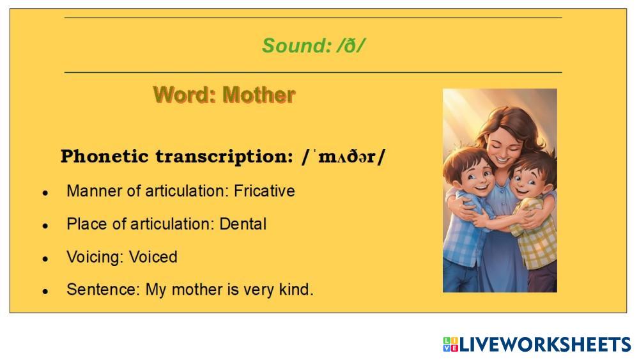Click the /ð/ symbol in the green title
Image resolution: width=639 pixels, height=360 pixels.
pyautogui.click(x=350, y=45)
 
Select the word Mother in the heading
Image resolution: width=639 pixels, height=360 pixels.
pyautogui.click(x=259, y=95)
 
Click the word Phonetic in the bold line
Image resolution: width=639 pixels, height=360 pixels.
pyautogui.click(x=104, y=156)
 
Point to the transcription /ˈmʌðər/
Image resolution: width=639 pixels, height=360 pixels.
pyautogui.click(x=343, y=156)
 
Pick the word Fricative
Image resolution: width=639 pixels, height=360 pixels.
pyautogui.click(x=264, y=191)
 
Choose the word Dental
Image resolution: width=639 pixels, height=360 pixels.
pyautogui.click(x=243, y=224)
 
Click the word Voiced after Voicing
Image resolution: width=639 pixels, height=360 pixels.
pyautogui.click(x=153, y=257)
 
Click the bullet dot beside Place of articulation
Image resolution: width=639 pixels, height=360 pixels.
pyautogui.click(x=45, y=226)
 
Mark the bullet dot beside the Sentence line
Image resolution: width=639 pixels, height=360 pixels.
pyautogui.click(x=45, y=291)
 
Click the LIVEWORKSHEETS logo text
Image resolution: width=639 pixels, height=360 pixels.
pyautogui.click(x=545, y=345)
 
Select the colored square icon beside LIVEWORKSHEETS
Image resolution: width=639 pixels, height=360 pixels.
pyautogui.click(x=450, y=345)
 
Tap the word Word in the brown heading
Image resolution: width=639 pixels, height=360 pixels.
pyautogui.click(x=185, y=95)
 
